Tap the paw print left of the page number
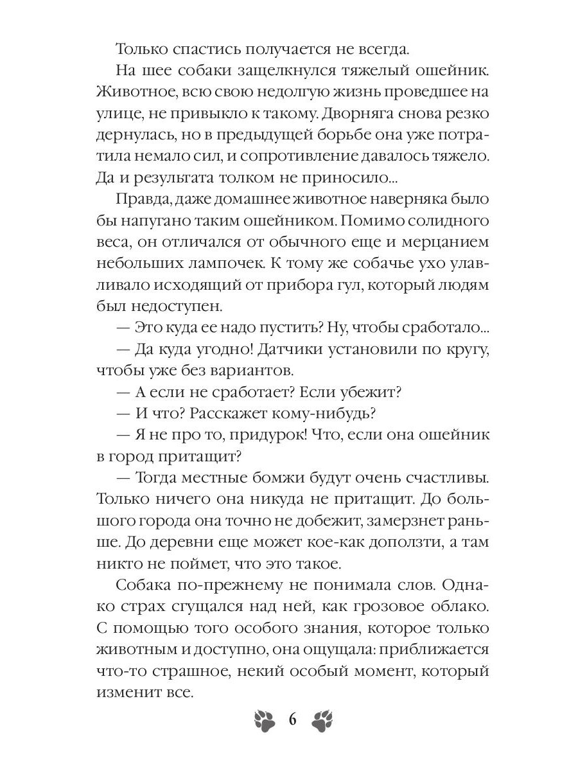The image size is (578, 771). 263,720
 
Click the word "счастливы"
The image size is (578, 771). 438,479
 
